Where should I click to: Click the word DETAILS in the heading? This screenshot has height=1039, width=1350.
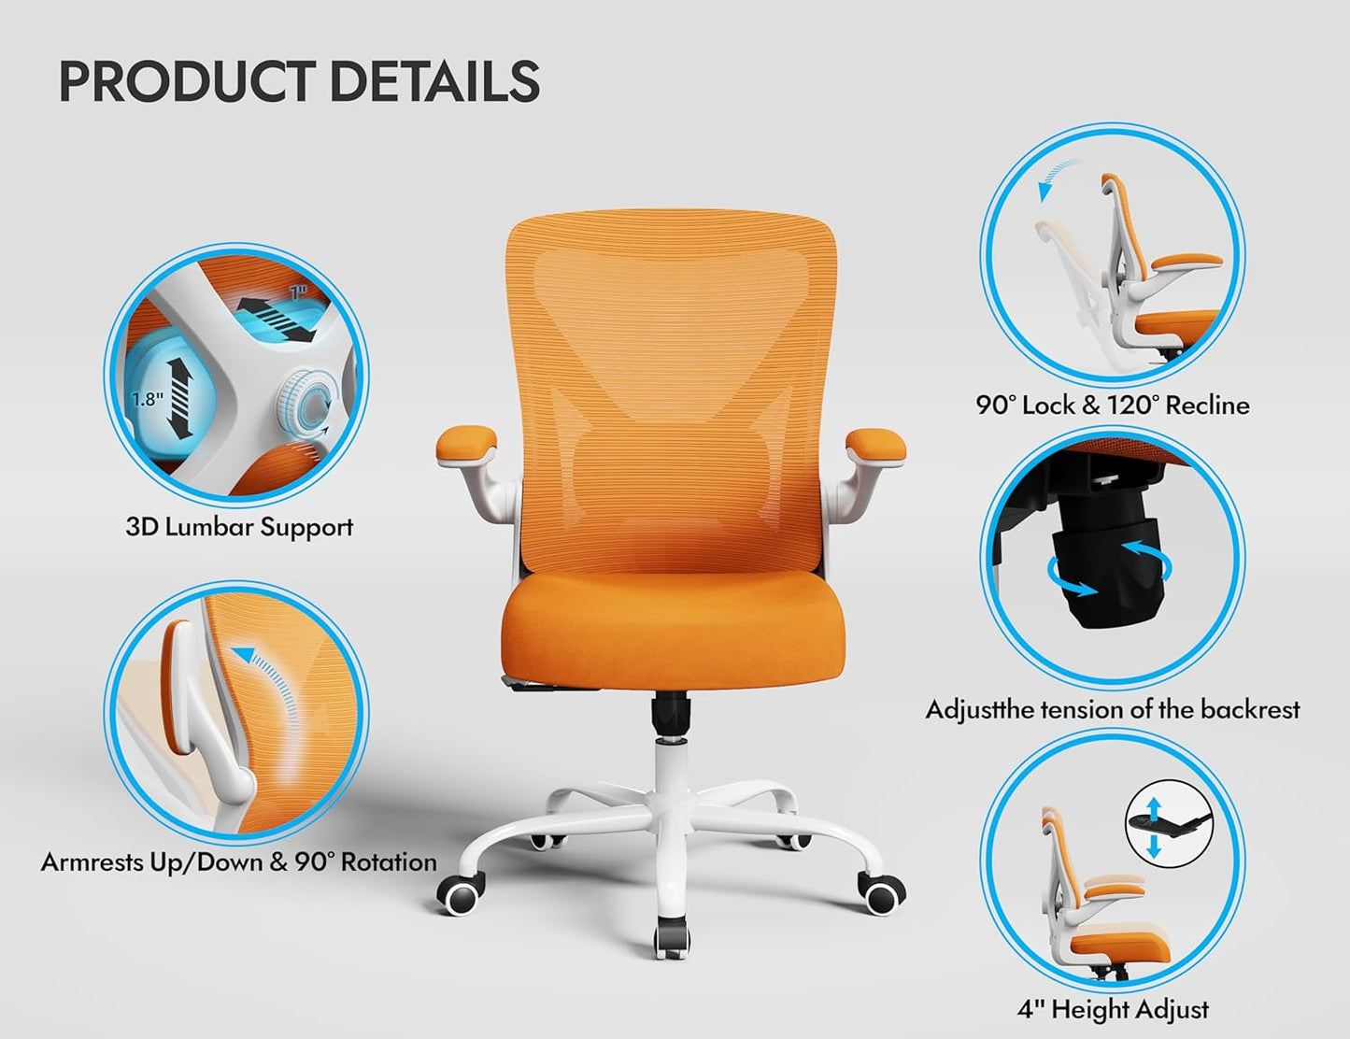click(434, 81)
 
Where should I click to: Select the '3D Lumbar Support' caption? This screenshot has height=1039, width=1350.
click(240, 527)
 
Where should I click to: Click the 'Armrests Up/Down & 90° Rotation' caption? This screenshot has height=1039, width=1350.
click(239, 861)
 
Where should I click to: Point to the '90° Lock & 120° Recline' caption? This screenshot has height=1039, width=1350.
click(1113, 406)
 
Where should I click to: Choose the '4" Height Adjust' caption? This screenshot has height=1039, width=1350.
click(1113, 1009)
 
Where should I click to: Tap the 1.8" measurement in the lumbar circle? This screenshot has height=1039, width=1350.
click(147, 399)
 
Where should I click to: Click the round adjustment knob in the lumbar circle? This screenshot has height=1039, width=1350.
click(306, 403)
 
